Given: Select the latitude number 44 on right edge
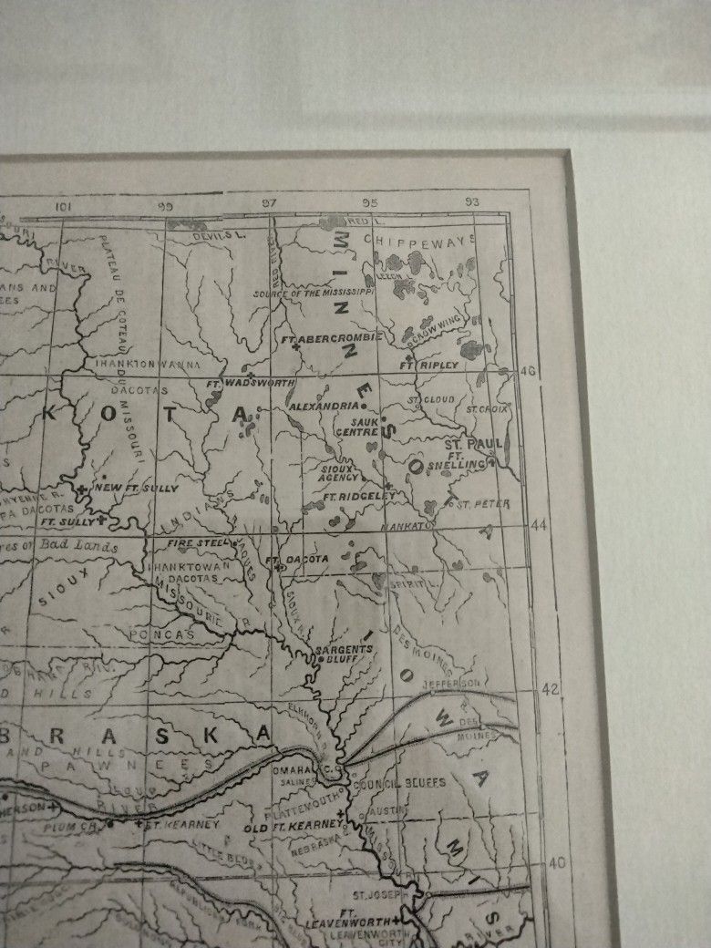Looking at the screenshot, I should click(x=541, y=526).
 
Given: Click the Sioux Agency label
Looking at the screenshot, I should click(x=339, y=473).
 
